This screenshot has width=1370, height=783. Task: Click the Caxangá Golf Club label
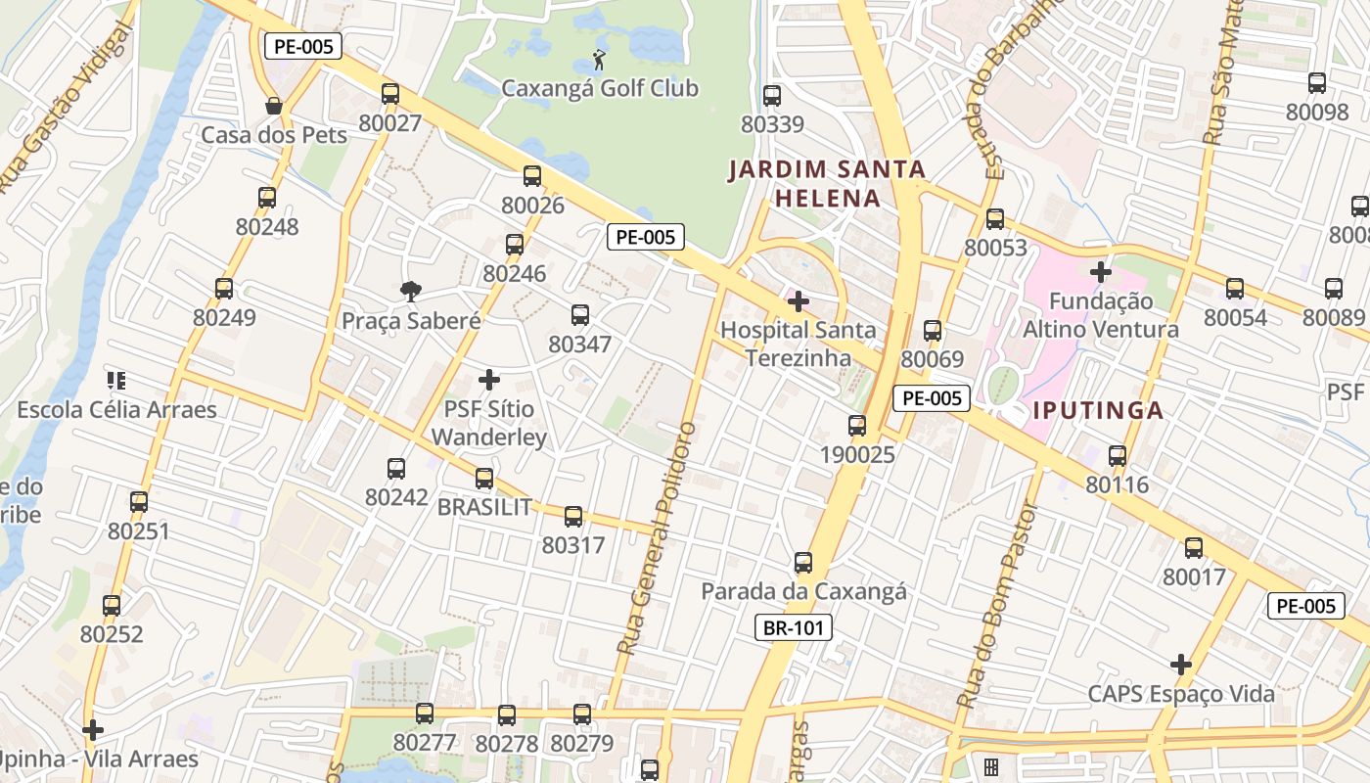pyautogui.click(x=599, y=88)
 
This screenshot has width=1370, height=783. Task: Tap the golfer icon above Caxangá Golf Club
pyautogui.click(x=599, y=59)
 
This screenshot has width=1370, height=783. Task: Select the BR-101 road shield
pyautogui.click(x=793, y=627)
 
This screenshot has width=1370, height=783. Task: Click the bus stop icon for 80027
pyautogui.click(x=390, y=94)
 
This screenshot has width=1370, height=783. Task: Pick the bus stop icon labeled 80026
pyautogui.click(x=532, y=176)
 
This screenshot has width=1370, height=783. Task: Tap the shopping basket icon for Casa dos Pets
pyautogui.click(x=274, y=106)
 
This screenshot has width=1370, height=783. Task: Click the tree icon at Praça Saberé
pyautogui.click(x=411, y=291)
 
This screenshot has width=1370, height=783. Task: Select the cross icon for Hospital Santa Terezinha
pyautogui.click(x=799, y=301)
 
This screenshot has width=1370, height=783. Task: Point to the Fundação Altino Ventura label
pyautogui.click(x=1100, y=315)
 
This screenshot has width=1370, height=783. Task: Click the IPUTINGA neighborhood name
pyautogui.click(x=1098, y=410)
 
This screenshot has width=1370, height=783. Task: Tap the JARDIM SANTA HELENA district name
pyautogui.click(x=827, y=184)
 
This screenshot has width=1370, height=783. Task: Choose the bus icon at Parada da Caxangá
pyautogui.click(x=803, y=563)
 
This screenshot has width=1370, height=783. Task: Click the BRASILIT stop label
pyautogui.click(x=484, y=507)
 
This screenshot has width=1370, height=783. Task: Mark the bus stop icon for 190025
pyautogui.click(x=857, y=425)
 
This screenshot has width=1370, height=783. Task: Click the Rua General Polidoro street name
pyautogui.click(x=657, y=537)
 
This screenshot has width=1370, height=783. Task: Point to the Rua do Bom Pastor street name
pyautogui.click(x=996, y=606)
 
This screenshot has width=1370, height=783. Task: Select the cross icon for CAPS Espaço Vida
pyautogui.click(x=1181, y=665)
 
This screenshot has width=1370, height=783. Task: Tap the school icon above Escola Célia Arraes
pyautogui.click(x=116, y=380)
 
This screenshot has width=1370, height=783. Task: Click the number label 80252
pyautogui.click(x=112, y=634)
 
